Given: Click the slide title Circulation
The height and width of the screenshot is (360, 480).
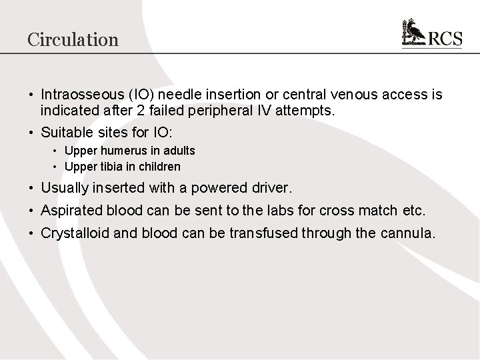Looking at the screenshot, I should [73, 39].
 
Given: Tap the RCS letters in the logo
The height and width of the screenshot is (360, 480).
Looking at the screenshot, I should [444, 38].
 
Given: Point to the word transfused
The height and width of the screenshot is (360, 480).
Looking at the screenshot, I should [269, 233].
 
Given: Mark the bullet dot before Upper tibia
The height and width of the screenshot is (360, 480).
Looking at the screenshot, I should [55, 166].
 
